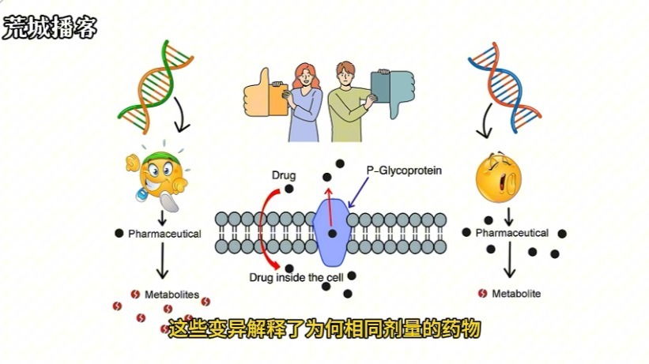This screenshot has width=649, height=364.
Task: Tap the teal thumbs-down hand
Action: pyautogui.click(x=393, y=90)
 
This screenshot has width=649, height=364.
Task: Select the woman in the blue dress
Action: pyautogui.click(x=304, y=101)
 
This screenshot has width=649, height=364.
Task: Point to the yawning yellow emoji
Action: pyautogui.click(x=499, y=178)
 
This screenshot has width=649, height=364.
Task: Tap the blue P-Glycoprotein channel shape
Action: pyautogui.click(x=332, y=230)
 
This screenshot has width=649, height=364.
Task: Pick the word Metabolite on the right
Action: pyautogui.click(x=516, y=294)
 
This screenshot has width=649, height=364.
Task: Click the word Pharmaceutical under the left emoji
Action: pyautogui.click(x=164, y=234)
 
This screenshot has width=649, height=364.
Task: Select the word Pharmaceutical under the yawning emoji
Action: pyautogui.click(x=511, y=233)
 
